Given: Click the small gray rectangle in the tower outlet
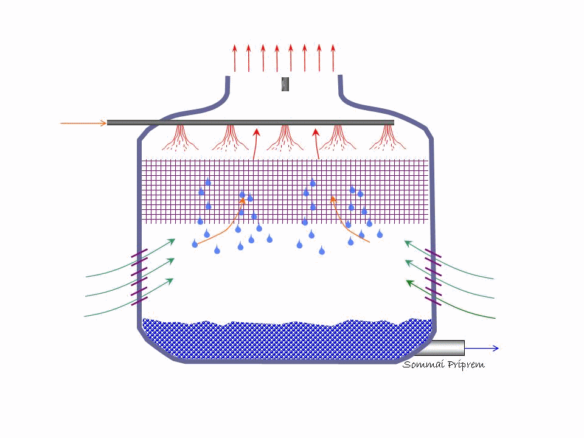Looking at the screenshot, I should point(285,85).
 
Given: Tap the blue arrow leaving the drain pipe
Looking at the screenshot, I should point(482,348).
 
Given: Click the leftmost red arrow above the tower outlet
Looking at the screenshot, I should point(235,58).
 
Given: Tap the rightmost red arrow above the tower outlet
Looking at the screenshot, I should point(333,58).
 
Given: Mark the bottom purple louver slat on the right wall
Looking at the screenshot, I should point(433,301).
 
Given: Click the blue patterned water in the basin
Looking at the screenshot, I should point(286,341).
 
